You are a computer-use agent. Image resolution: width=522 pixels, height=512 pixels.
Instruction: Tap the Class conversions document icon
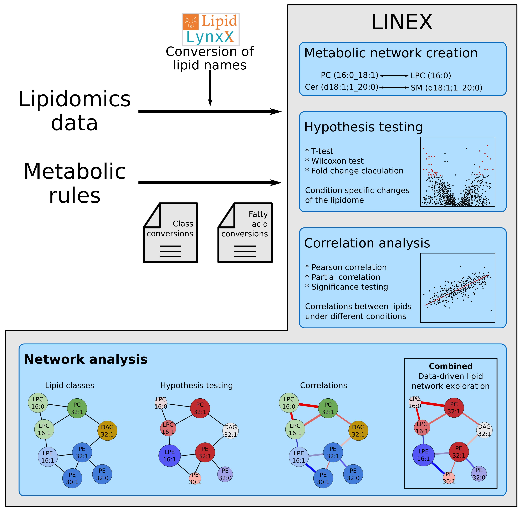[171, 233]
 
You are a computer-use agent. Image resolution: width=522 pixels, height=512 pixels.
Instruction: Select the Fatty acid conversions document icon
[245, 233]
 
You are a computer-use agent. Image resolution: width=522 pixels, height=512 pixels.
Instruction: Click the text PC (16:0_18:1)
[349, 75]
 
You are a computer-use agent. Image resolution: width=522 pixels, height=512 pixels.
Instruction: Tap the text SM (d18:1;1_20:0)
[446, 88]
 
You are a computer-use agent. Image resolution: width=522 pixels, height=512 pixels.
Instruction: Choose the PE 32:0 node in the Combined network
[479, 474]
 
